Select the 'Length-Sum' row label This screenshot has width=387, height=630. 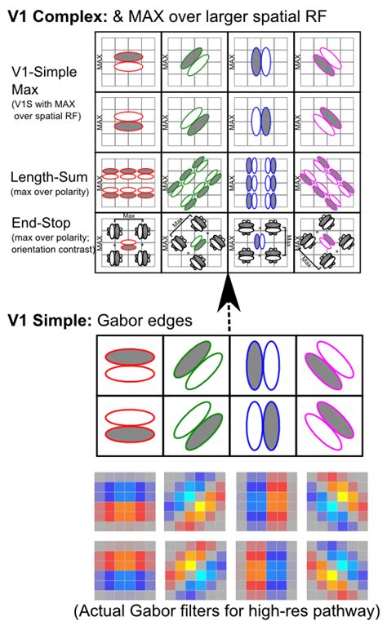pos(45,176)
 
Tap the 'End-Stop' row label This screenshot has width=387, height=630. pos(42,221)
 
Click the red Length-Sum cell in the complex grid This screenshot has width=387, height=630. pos(128,182)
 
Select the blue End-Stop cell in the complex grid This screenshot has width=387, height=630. pos(259,242)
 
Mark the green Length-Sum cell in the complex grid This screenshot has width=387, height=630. pos(194,182)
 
